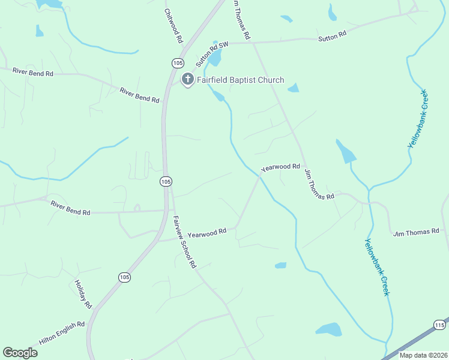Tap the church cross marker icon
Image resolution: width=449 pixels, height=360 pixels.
188,79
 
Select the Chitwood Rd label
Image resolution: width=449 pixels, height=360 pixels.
173,26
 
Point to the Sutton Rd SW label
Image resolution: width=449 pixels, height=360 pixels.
212,54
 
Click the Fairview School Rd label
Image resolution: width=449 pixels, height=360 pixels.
184,241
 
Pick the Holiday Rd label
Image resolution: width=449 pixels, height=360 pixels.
83,295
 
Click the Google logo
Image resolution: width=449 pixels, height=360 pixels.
20,353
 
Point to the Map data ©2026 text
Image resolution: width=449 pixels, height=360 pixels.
423,355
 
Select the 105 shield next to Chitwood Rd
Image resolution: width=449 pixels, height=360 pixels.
177,63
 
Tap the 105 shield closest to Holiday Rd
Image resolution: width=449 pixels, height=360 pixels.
124,277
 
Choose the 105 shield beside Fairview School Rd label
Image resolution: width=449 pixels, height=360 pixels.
166,181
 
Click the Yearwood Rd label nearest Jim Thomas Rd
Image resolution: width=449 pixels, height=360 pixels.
280,167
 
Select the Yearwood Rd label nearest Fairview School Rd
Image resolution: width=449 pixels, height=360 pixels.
206,232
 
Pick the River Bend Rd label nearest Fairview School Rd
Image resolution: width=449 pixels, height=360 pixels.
70,208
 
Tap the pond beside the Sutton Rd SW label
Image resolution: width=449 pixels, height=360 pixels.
215,57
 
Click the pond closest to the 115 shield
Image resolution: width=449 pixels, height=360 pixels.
328,329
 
